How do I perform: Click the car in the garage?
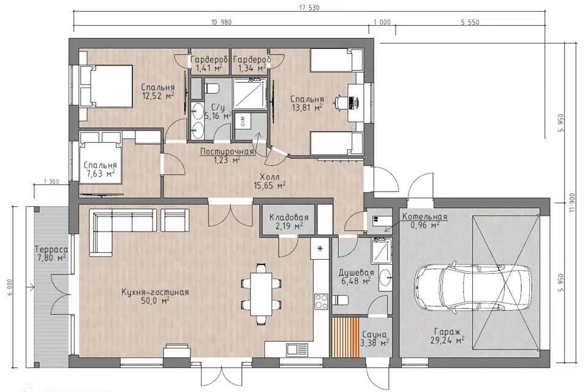click(x=473, y=287)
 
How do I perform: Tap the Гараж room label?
click(x=447, y=331)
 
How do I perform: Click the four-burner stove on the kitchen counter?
click(x=321, y=301)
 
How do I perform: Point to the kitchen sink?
click(x=298, y=350)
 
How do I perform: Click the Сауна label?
click(x=374, y=334)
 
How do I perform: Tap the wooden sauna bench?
click(x=345, y=337)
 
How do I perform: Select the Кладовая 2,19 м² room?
click(x=288, y=221)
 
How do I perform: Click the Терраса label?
click(x=51, y=249)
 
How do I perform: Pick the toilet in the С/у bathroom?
click(x=211, y=89)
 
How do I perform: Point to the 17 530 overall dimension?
click(x=309, y=7)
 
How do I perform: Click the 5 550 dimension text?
click(x=470, y=22)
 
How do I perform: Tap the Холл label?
click(x=269, y=176)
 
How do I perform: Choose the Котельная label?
click(x=425, y=217)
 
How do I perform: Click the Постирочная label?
click(x=227, y=151)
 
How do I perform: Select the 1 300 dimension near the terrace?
click(x=51, y=182)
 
